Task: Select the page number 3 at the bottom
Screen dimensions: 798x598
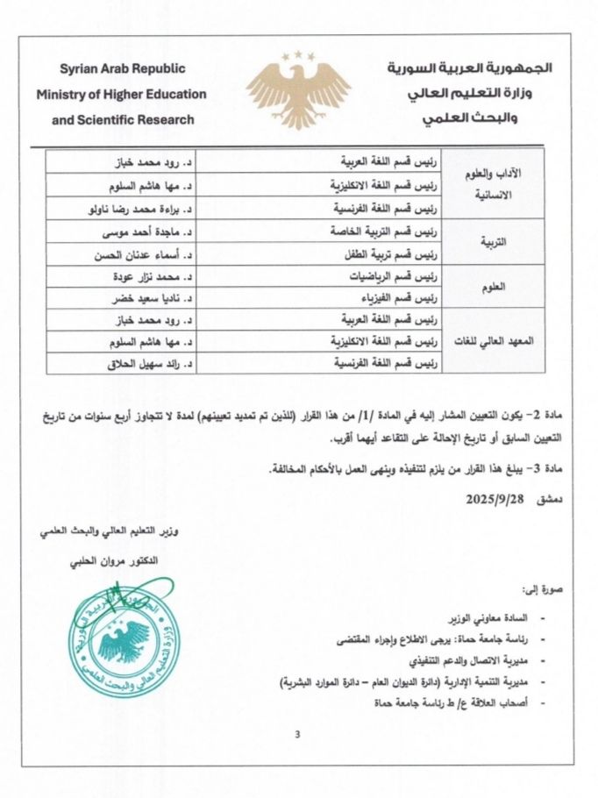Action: (297, 734)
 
